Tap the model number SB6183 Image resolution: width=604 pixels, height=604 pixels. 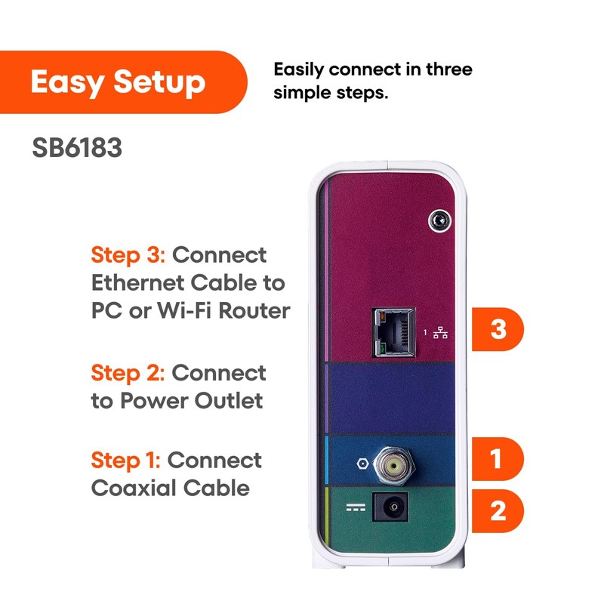pyautogui.click(x=77, y=147)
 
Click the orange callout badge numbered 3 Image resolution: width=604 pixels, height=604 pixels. pyautogui.click(x=498, y=331)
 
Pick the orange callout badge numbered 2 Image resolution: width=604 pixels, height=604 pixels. pyautogui.click(x=498, y=511)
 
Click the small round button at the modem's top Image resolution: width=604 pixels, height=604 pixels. pyautogui.click(x=437, y=220)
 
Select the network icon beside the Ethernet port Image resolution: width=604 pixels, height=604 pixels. pyautogui.click(x=441, y=332)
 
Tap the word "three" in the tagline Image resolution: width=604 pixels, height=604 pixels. pyautogui.click(x=447, y=69)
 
